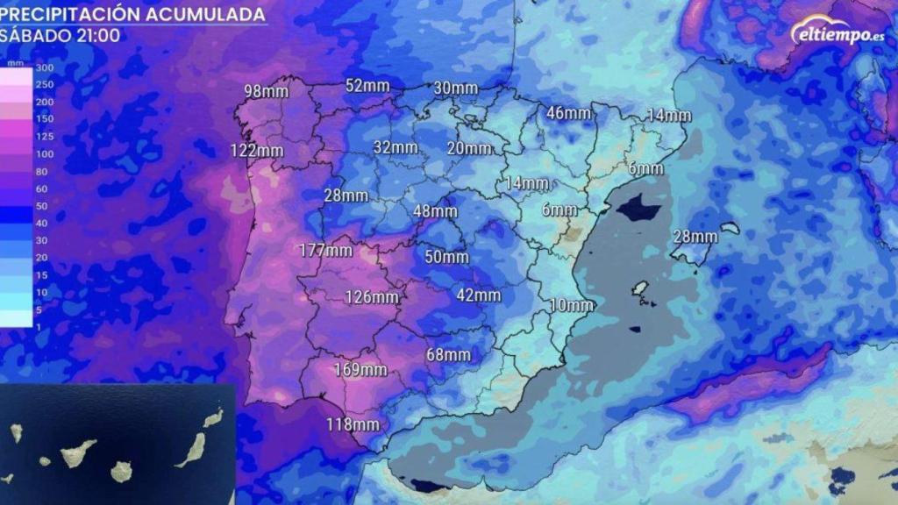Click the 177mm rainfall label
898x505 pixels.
pos(325,250)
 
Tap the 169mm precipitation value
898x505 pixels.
pos(360,369)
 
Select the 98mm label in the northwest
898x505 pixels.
pos(266,91)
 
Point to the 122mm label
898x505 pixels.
pos(257,150)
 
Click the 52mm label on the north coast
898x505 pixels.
pos(367,85)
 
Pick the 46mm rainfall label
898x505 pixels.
pos(568,112)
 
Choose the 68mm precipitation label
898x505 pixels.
pos(448,354)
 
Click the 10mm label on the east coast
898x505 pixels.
pos(572,305)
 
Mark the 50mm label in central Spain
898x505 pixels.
pos(446,257)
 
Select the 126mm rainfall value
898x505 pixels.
pos(371,296)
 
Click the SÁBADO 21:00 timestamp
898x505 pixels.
pos(48,35)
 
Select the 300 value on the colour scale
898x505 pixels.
pos(45,68)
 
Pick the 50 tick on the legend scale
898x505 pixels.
pos(42,206)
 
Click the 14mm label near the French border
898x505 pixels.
pos(669,115)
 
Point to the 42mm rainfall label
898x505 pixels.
pos(479,295)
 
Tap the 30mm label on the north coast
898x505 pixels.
pos(456,88)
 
